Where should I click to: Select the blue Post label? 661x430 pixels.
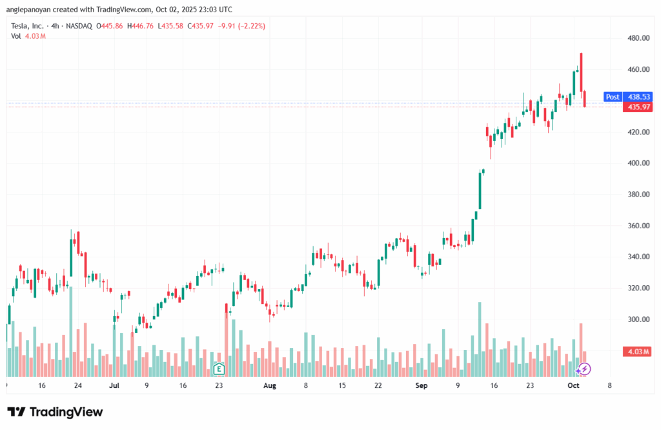coord(612,97)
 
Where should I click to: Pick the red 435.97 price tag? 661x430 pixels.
coord(637,107)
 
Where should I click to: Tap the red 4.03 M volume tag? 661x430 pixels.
coord(637,351)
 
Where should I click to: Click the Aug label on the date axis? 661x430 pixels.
coord(270,385)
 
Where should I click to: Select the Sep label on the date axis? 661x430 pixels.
coord(422,385)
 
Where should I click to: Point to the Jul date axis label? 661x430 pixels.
coord(115,385)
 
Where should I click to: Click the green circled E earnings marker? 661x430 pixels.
coord(219,369)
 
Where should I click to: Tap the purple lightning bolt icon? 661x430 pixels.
coord(584,369)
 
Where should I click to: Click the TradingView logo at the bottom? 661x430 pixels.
coord(56,412)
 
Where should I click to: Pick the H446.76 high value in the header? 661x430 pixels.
coord(143,26)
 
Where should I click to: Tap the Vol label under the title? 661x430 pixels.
coord(15,36)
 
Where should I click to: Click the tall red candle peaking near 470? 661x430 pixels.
coord(582,72)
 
